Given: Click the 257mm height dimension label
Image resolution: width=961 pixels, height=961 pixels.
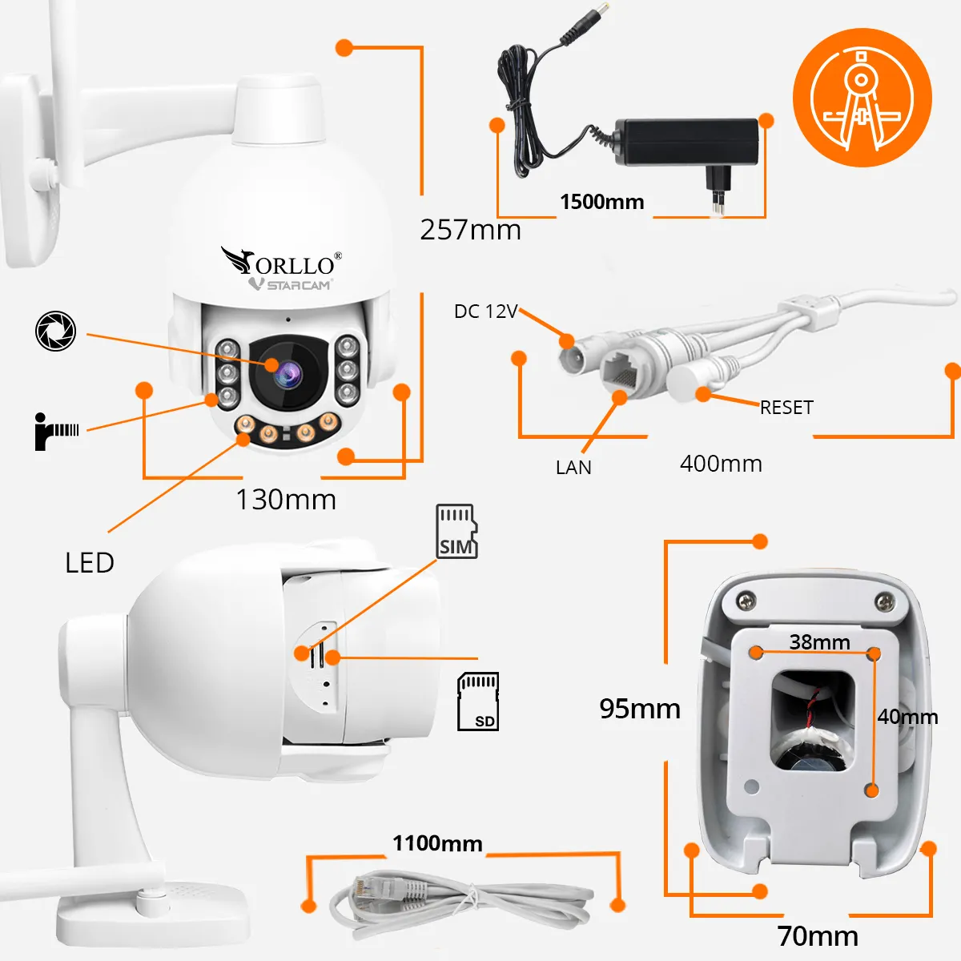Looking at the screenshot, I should (470, 230).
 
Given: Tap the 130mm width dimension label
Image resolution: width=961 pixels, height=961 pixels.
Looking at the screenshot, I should (286, 500).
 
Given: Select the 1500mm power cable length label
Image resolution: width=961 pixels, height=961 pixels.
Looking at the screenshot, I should (601, 202).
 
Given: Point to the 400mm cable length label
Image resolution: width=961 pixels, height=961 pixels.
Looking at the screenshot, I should (721, 464).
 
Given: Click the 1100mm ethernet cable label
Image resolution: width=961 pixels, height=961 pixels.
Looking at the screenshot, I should (437, 843).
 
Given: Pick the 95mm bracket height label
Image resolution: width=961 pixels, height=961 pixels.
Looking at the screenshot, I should (640, 709).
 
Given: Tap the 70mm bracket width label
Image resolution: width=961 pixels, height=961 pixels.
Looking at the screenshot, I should (818, 935).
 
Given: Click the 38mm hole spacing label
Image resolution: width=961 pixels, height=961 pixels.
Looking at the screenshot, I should (819, 641).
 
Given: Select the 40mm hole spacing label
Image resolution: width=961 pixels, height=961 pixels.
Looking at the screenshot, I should (907, 717).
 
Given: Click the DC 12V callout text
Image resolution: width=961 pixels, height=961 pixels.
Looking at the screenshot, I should (486, 312).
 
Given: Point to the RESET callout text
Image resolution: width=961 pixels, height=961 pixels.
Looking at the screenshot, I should (786, 408).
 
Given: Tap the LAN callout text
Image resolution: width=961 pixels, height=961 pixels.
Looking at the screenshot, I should (573, 468).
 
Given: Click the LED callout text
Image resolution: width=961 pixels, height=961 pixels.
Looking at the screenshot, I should (90, 563).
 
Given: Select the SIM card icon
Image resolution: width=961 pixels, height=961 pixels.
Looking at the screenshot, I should (456, 531).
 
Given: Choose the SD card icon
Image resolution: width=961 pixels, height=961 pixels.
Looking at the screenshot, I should (477, 702).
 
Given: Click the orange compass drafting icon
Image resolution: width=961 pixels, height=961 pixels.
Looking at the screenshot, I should (862, 98).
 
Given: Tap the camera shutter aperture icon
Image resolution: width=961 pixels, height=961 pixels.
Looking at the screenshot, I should (56, 331).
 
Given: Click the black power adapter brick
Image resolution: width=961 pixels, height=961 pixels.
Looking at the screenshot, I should (687, 142).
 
